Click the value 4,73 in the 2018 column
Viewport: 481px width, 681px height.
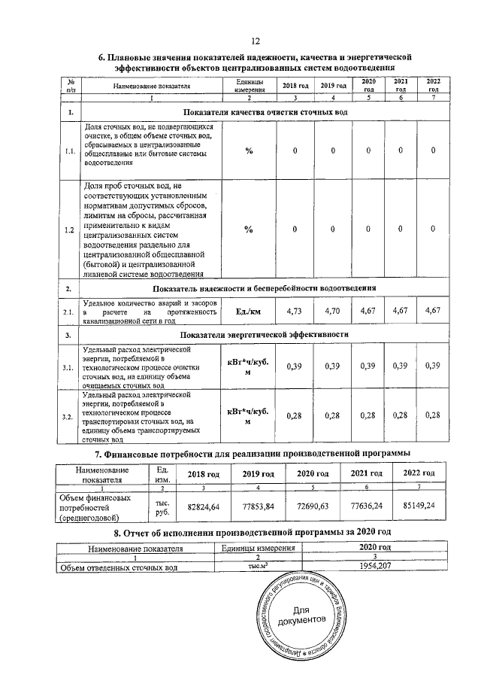tap(295, 311)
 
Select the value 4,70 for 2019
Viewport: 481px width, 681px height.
tap(331, 311)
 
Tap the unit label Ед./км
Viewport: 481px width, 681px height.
tap(248, 311)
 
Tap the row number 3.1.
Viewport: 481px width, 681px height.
tap(69, 367)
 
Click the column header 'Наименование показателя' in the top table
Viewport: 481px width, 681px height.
tap(152, 87)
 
